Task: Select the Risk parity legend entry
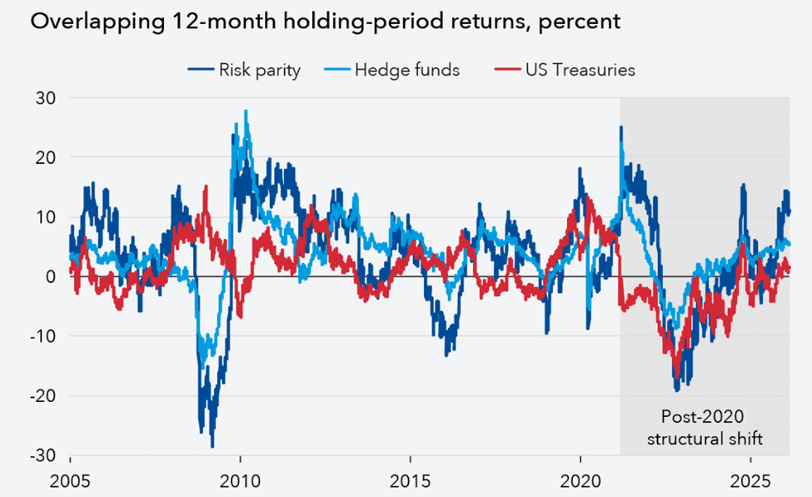pos(249,70)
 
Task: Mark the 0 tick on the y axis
pos(47,276)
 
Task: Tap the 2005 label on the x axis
pos(70,482)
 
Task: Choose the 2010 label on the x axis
pos(240,482)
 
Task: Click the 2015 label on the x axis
pos(411,482)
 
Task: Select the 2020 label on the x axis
pos(580,482)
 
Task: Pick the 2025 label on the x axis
pos(750,482)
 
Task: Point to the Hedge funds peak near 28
pos(246,112)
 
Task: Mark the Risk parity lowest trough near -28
pos(212,445)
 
